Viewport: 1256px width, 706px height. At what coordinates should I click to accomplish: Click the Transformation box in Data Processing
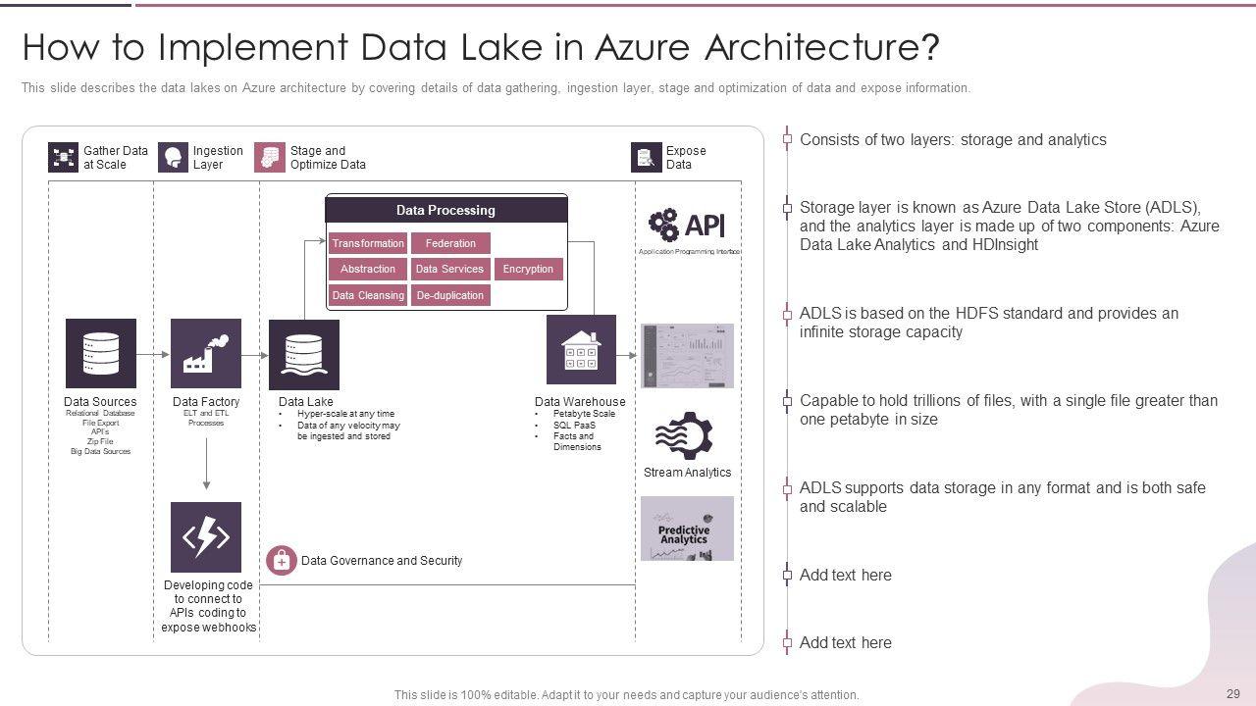[368, 243]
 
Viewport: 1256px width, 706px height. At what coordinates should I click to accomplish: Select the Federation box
[450, 243]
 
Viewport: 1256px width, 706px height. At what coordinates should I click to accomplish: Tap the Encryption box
[528, 269]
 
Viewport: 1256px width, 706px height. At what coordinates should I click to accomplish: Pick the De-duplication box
[450, 295]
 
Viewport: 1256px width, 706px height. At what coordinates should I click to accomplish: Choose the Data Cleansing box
[368, 295]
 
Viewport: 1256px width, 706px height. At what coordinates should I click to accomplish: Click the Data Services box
[450, 269]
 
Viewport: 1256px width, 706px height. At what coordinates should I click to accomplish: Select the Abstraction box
[368, 269]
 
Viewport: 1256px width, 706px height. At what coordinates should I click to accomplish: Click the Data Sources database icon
[101, 353]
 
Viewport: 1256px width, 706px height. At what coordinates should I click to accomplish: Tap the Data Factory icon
[206, 353]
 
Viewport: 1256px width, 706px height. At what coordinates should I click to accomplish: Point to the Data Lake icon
[304, 354]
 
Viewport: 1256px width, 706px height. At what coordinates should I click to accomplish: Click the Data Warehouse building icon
[581, 349]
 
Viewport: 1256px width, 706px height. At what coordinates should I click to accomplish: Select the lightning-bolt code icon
[206, 537]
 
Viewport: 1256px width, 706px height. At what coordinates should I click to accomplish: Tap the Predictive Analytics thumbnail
[687, 529]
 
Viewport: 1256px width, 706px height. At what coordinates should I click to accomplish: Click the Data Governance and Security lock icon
[282, 561]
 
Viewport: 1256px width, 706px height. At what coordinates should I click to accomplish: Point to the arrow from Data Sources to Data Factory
[153, 353]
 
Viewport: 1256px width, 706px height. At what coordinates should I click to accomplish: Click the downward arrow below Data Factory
[206, 464]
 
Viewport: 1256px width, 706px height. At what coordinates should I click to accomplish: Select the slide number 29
[1233, 692]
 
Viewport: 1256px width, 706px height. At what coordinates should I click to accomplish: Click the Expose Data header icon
[645, 158]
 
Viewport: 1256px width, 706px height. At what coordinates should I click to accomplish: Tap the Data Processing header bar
[446, 210]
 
